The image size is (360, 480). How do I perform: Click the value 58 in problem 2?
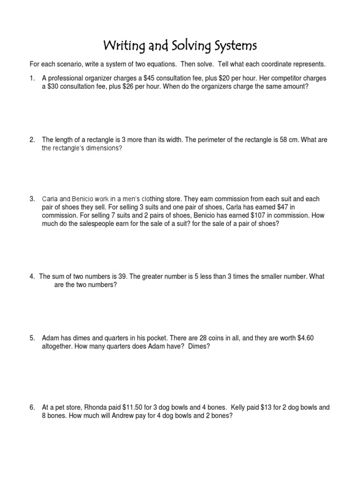[x=279, y=140]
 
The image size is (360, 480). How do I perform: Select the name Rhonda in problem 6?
[x=94, y=407]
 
